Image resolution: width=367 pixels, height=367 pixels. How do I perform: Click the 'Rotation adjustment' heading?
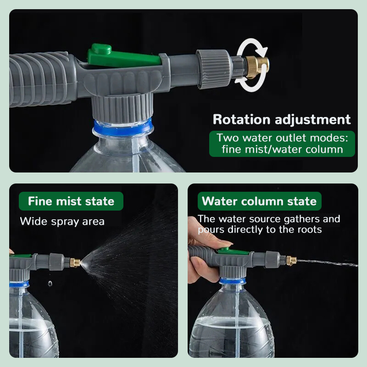click(x=281, y=120)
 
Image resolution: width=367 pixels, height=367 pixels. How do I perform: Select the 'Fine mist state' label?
click(x=71, y=201)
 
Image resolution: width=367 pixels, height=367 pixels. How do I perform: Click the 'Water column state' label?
click(x=259, y=201)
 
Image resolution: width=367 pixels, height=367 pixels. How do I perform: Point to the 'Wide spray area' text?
click(x=62, y=222)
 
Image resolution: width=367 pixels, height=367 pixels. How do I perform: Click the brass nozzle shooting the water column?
click(x=291, y=261)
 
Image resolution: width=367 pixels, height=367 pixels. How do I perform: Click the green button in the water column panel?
click(x=224, y=250)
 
